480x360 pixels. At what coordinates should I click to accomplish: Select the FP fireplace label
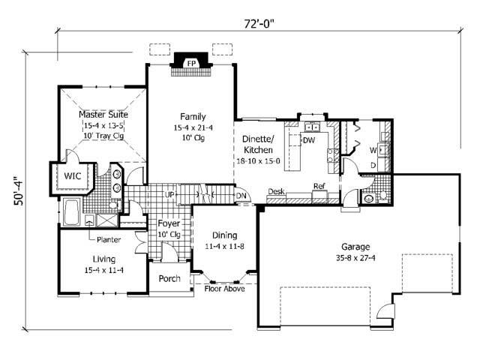coord(190,63)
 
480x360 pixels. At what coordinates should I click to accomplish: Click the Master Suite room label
coord(103,115)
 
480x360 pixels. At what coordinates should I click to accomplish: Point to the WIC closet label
coord(73,175)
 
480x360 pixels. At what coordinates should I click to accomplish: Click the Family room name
coord(191,116)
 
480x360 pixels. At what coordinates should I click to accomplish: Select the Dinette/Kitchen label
coord(261,144)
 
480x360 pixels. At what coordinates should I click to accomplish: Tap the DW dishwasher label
coord(308,139)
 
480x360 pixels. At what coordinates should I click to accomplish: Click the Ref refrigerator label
coord(319,186)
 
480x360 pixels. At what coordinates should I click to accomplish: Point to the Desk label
coord(275,192)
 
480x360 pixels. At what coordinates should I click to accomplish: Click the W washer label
coord(372,149)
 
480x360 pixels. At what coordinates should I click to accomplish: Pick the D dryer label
coord(373,164)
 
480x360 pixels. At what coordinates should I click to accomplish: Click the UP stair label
coord(170,195)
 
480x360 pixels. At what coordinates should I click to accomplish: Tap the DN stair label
coord(241,196)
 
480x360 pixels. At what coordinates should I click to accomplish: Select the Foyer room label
coord(168,223)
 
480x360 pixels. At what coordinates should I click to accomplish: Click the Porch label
coord(169,278)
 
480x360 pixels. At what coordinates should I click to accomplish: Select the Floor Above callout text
coord(225,289)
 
